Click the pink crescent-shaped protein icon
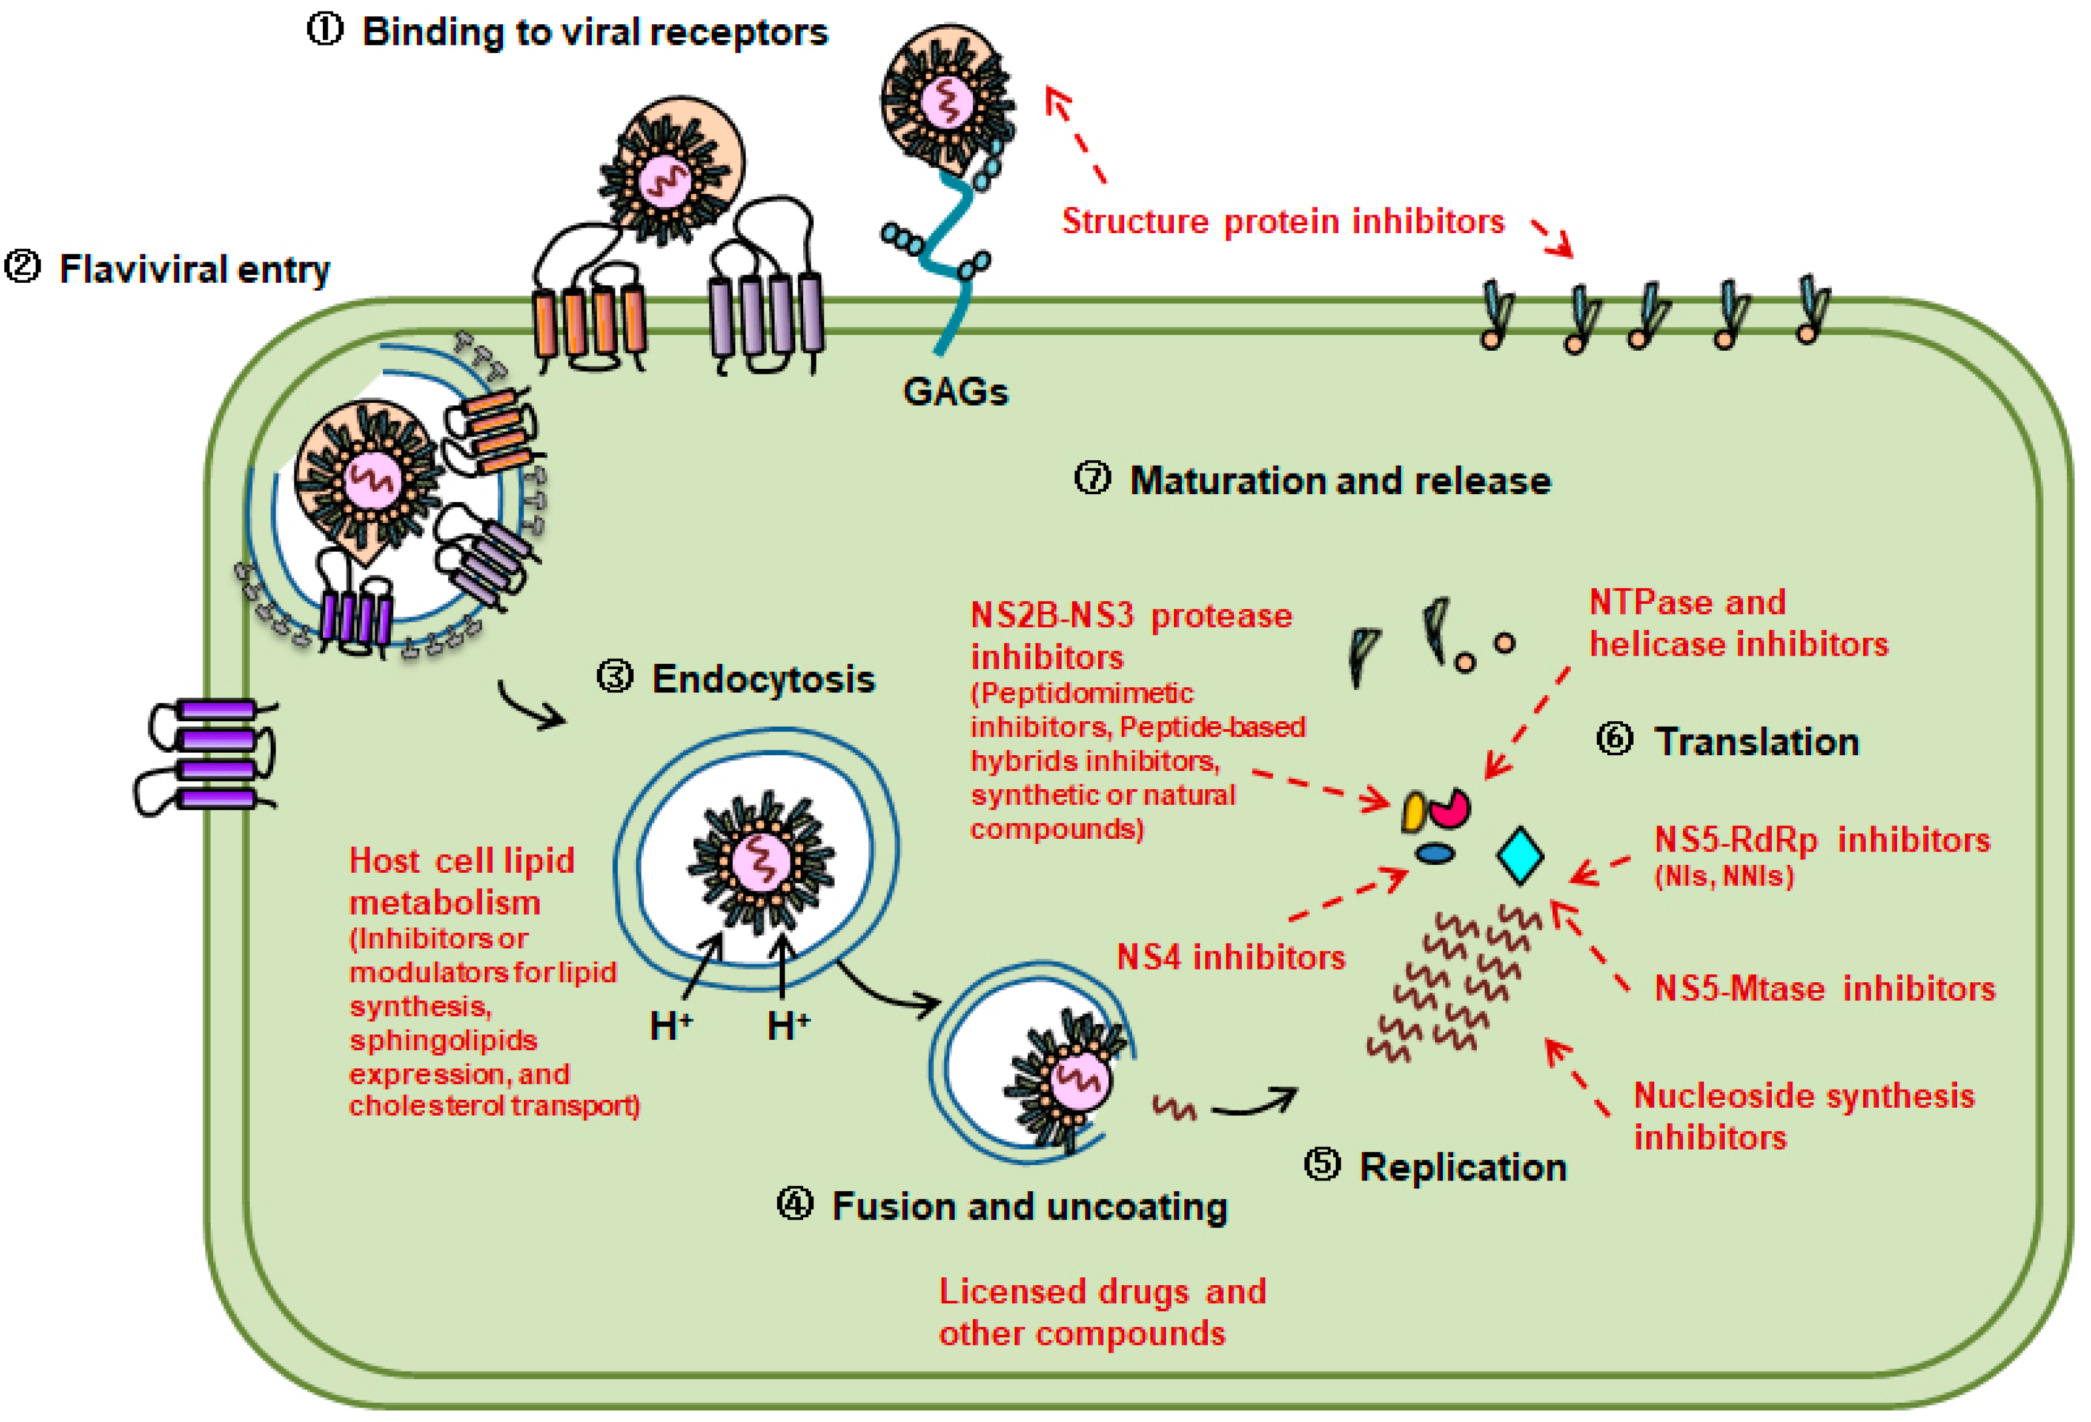(1450, 809)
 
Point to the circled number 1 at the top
(325, 30)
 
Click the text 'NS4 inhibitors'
(1230, 957)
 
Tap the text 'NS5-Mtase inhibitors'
(1824, 988)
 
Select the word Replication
(1462, 1166)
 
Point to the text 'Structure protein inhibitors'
(1282, 221)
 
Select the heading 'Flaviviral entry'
(193, 269)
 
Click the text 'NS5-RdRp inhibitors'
(1822, 840)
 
